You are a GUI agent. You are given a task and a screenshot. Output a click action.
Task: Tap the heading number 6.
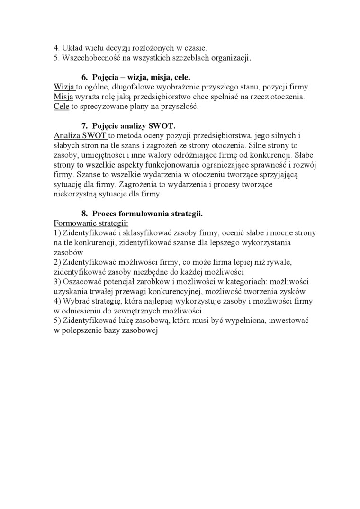pyautogui.click(x=85, y=77)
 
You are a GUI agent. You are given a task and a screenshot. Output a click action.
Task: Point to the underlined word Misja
pyautogui.click(x=64, y=97)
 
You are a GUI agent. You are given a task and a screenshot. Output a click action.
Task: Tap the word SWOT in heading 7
pyautogui.click(x=162, y=126)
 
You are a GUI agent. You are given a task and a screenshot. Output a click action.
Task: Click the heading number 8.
pyautogui.click(x=85, y=214)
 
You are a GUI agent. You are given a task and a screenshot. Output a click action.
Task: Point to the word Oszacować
pyautogui.click(x=81, y=282)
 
